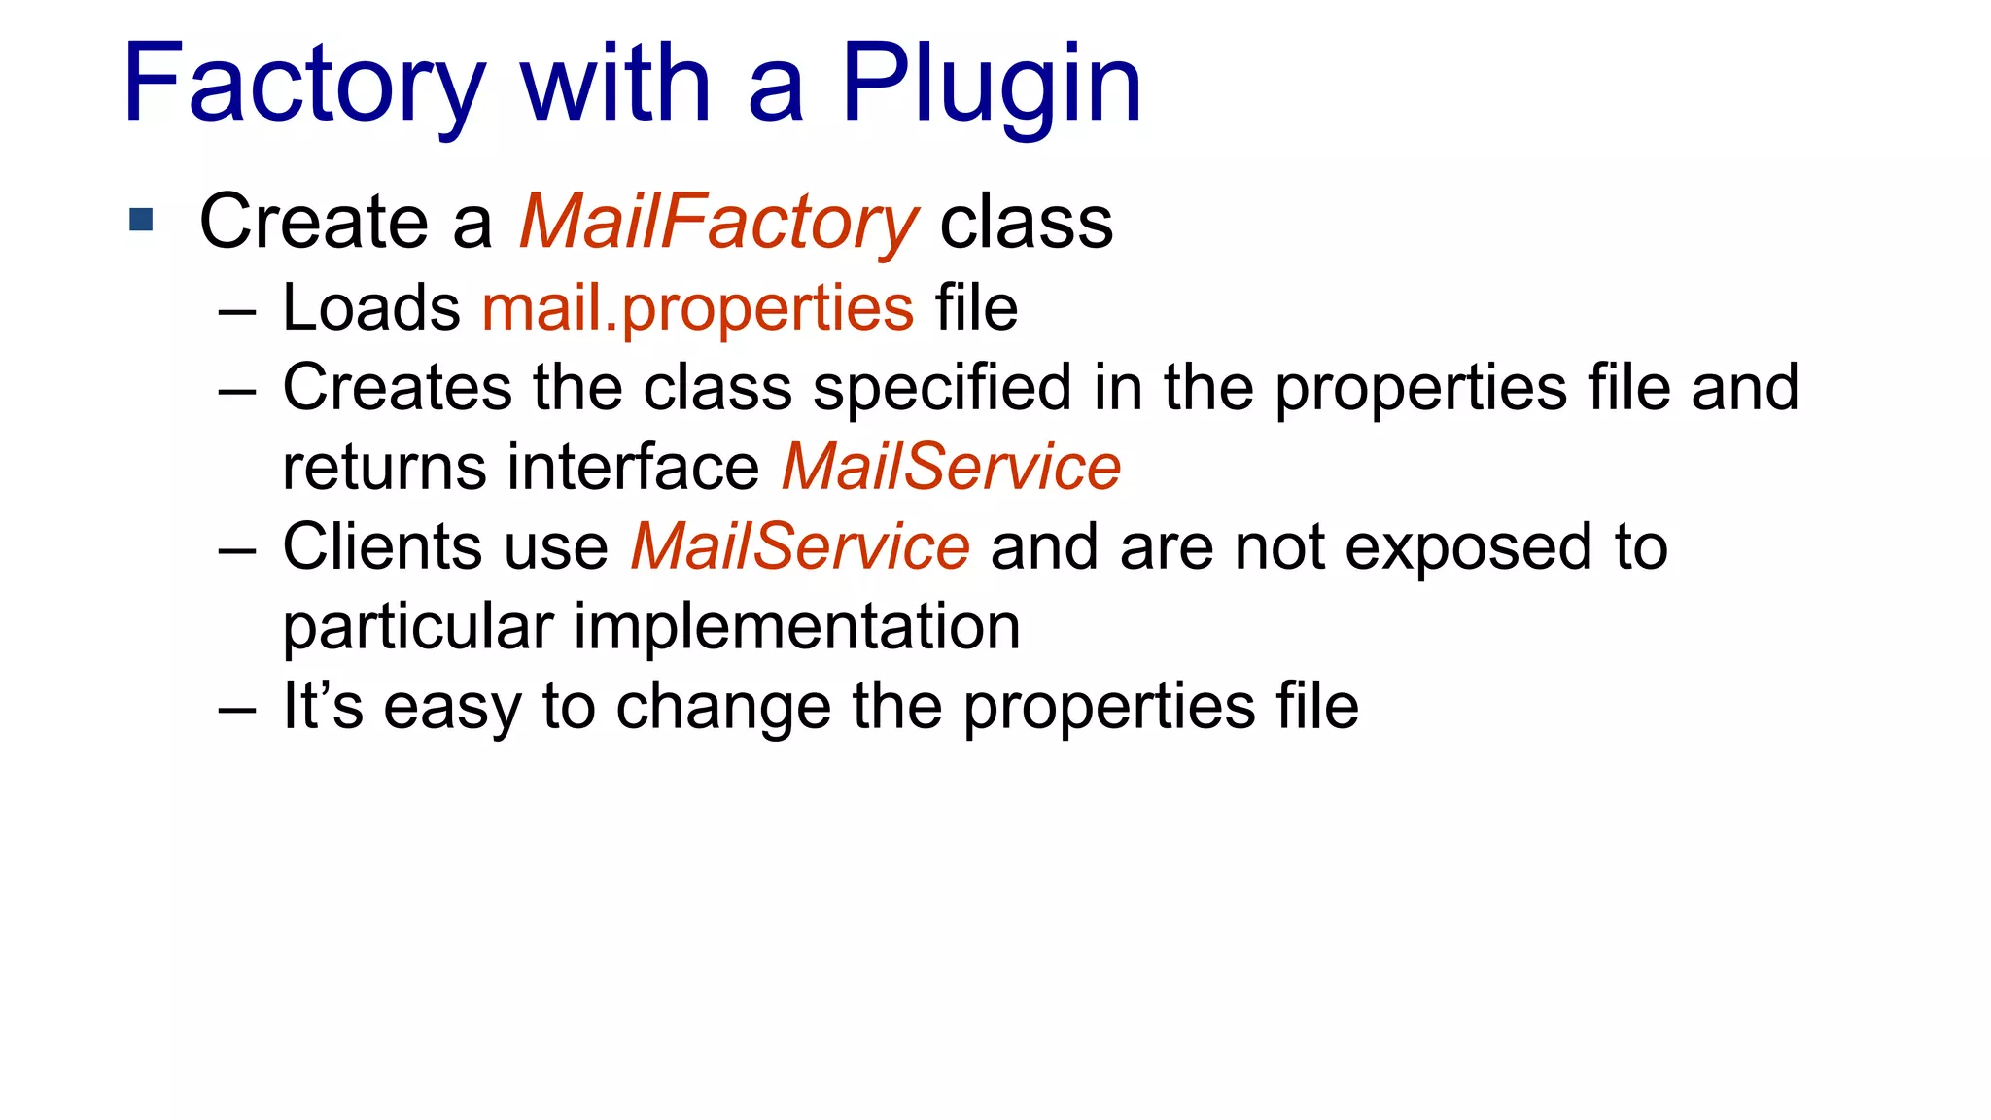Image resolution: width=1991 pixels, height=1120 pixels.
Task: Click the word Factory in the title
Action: pyautogui.click(x=303, y=86)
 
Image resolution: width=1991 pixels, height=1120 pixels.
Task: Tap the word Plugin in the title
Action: pyautogui.click(x=991, y=86)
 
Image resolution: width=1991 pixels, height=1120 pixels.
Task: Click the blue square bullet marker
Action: pyautogui.click(x=141, y=220)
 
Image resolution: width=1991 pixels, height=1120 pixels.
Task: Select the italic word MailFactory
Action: pyautogui.click(x=717, y=223)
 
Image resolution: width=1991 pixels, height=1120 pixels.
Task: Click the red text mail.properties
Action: pyautogui.click(x=698, y=309)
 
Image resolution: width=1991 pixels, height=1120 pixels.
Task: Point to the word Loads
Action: pyautogui.click(x=371, y=308)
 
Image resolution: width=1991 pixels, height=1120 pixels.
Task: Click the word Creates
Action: pyautogui.click(x=397, y=387)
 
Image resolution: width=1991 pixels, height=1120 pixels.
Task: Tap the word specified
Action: pyautogui.click(x=942, y=387)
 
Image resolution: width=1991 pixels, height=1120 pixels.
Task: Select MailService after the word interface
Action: pyautogui.click(x=951, y=467)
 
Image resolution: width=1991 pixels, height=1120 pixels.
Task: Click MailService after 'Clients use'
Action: pyautogui.click(x=799, y=546)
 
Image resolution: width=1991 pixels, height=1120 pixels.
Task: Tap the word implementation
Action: pyautogui.click(x=797, y=626)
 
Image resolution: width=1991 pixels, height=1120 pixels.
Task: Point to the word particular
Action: pyautogui.click(x=418, y=626)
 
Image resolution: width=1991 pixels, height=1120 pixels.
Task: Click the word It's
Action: pyautogui.click(x=323, y=706)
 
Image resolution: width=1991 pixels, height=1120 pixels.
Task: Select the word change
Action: pyautogui.click(x=723, y=706)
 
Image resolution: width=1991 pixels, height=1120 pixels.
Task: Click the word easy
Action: pyautogui.click(x=452, y=708)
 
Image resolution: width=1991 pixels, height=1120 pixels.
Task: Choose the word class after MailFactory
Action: pyautogui.click(x=1026, y=223)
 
